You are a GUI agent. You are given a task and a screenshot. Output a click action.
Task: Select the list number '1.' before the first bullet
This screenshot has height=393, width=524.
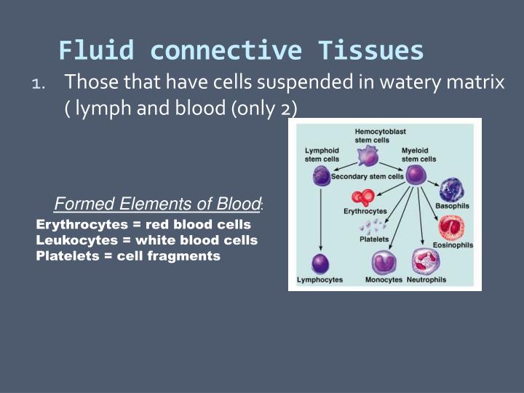click(39, 84)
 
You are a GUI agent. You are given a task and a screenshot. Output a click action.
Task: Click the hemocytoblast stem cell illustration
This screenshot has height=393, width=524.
click(370, 155)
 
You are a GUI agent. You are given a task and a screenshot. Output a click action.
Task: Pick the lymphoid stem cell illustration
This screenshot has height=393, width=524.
click(321, 175)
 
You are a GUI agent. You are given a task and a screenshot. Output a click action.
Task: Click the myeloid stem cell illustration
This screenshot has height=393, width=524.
click(416, 175)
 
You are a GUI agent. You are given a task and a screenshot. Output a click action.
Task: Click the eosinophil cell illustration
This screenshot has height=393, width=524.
click(452, 228)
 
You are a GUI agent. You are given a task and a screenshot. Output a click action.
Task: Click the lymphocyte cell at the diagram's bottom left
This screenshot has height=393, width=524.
click(321, 263)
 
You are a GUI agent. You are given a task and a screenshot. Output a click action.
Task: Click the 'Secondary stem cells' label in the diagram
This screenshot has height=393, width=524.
click(367, 176)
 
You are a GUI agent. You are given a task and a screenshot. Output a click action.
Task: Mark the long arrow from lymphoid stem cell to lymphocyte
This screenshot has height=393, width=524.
click(321, 218)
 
